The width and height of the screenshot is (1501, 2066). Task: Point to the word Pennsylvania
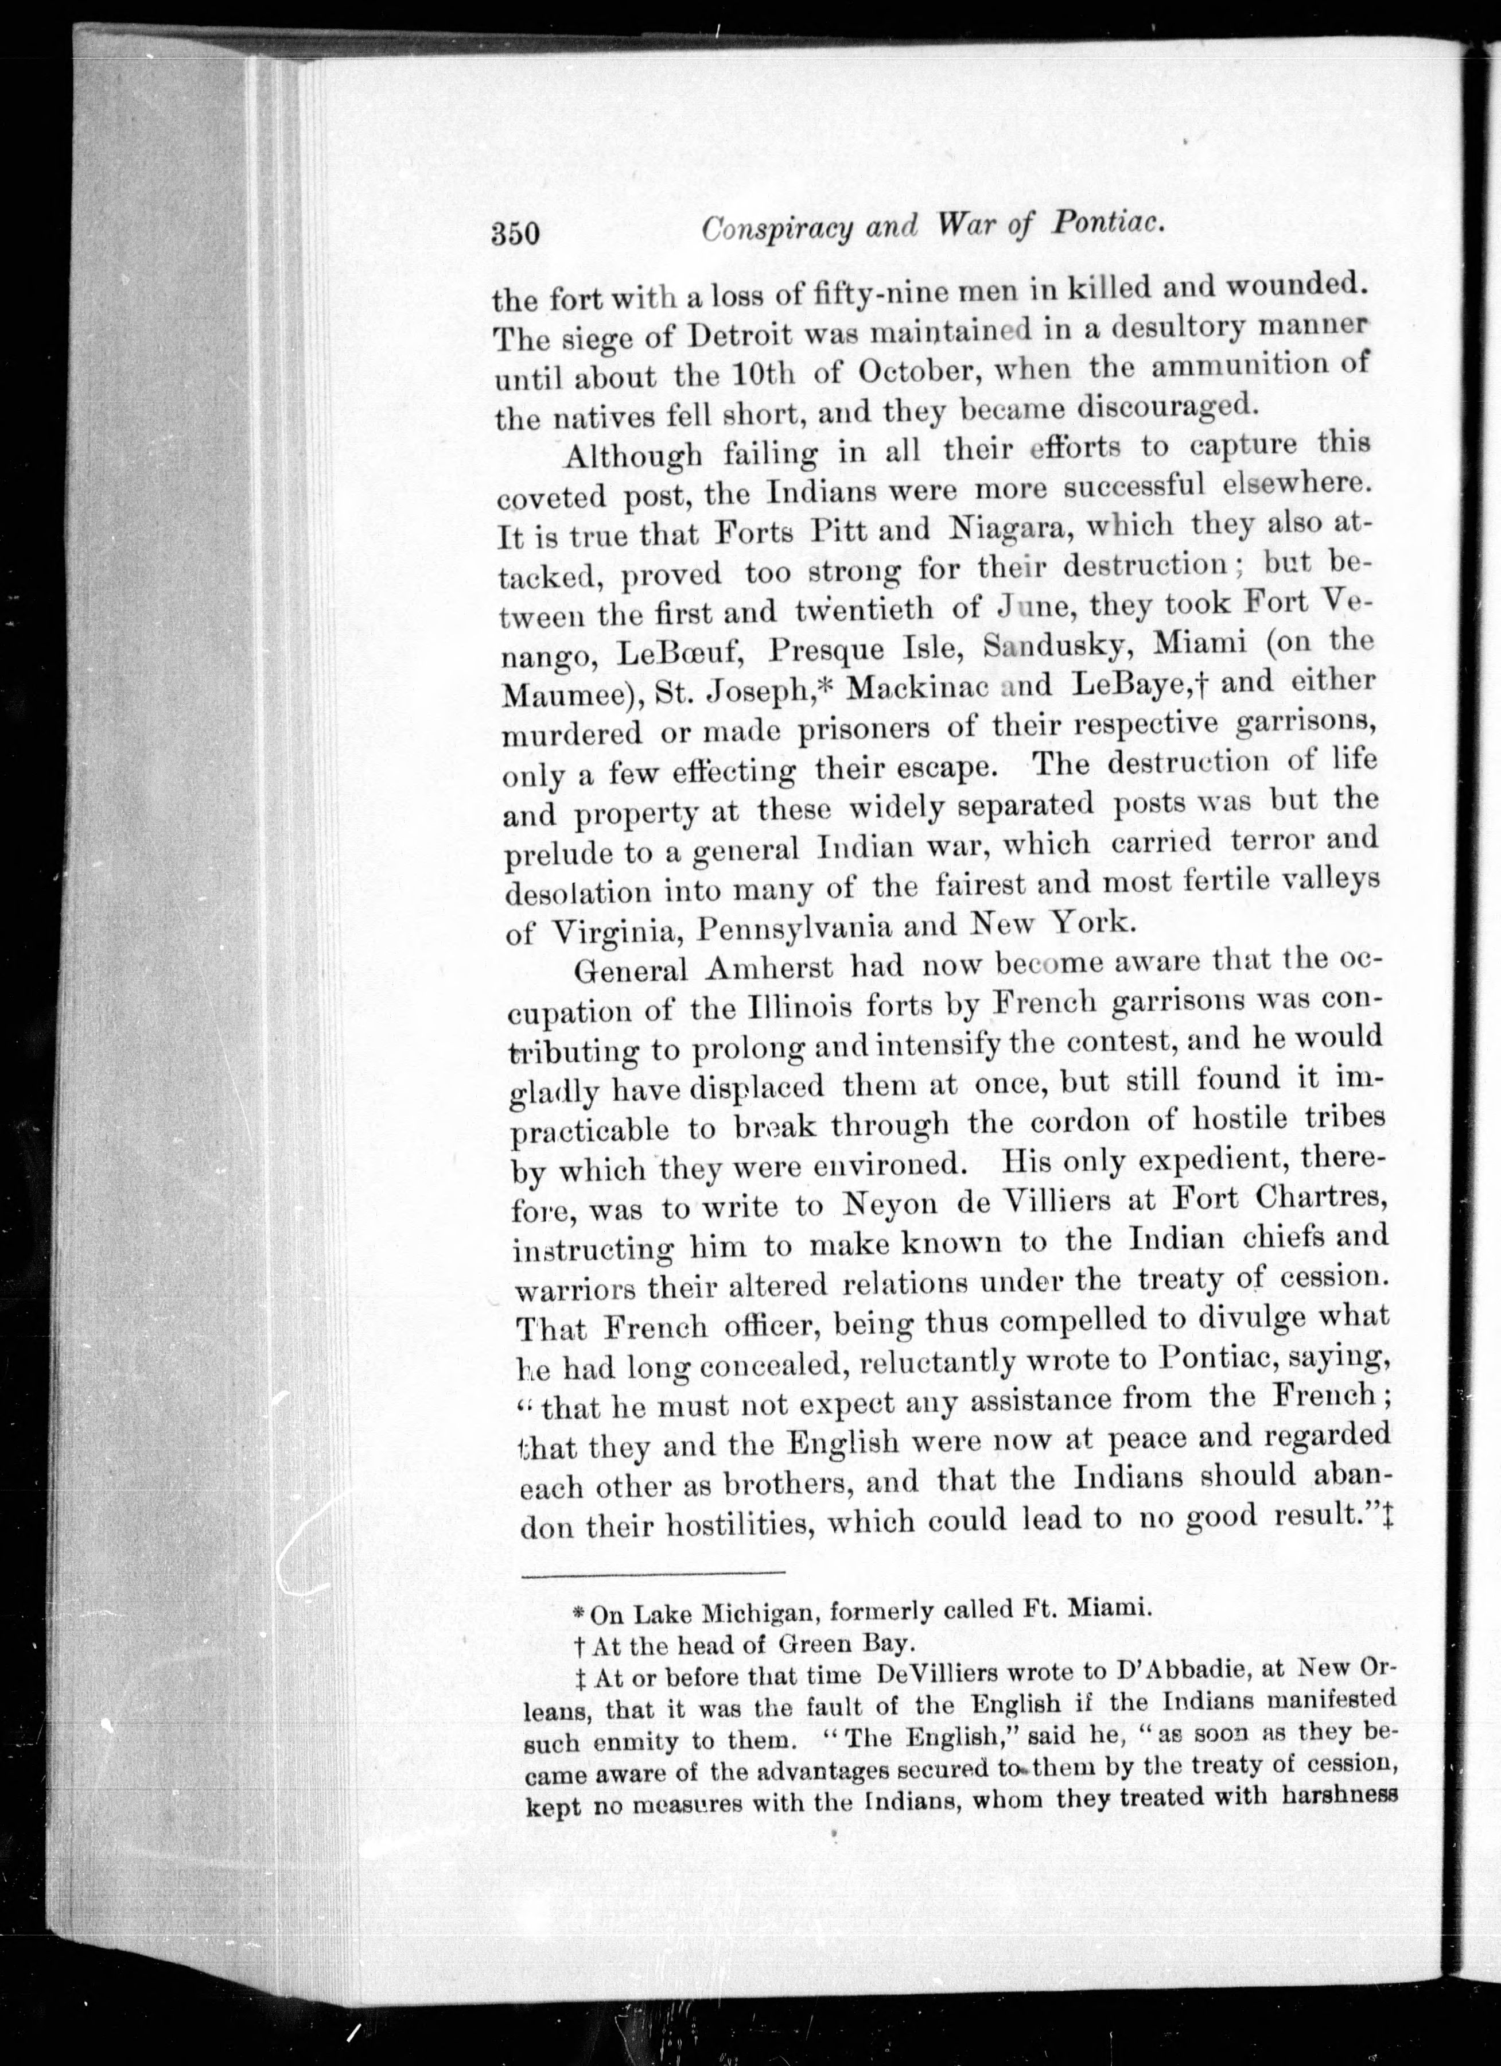tap(794, 928)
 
